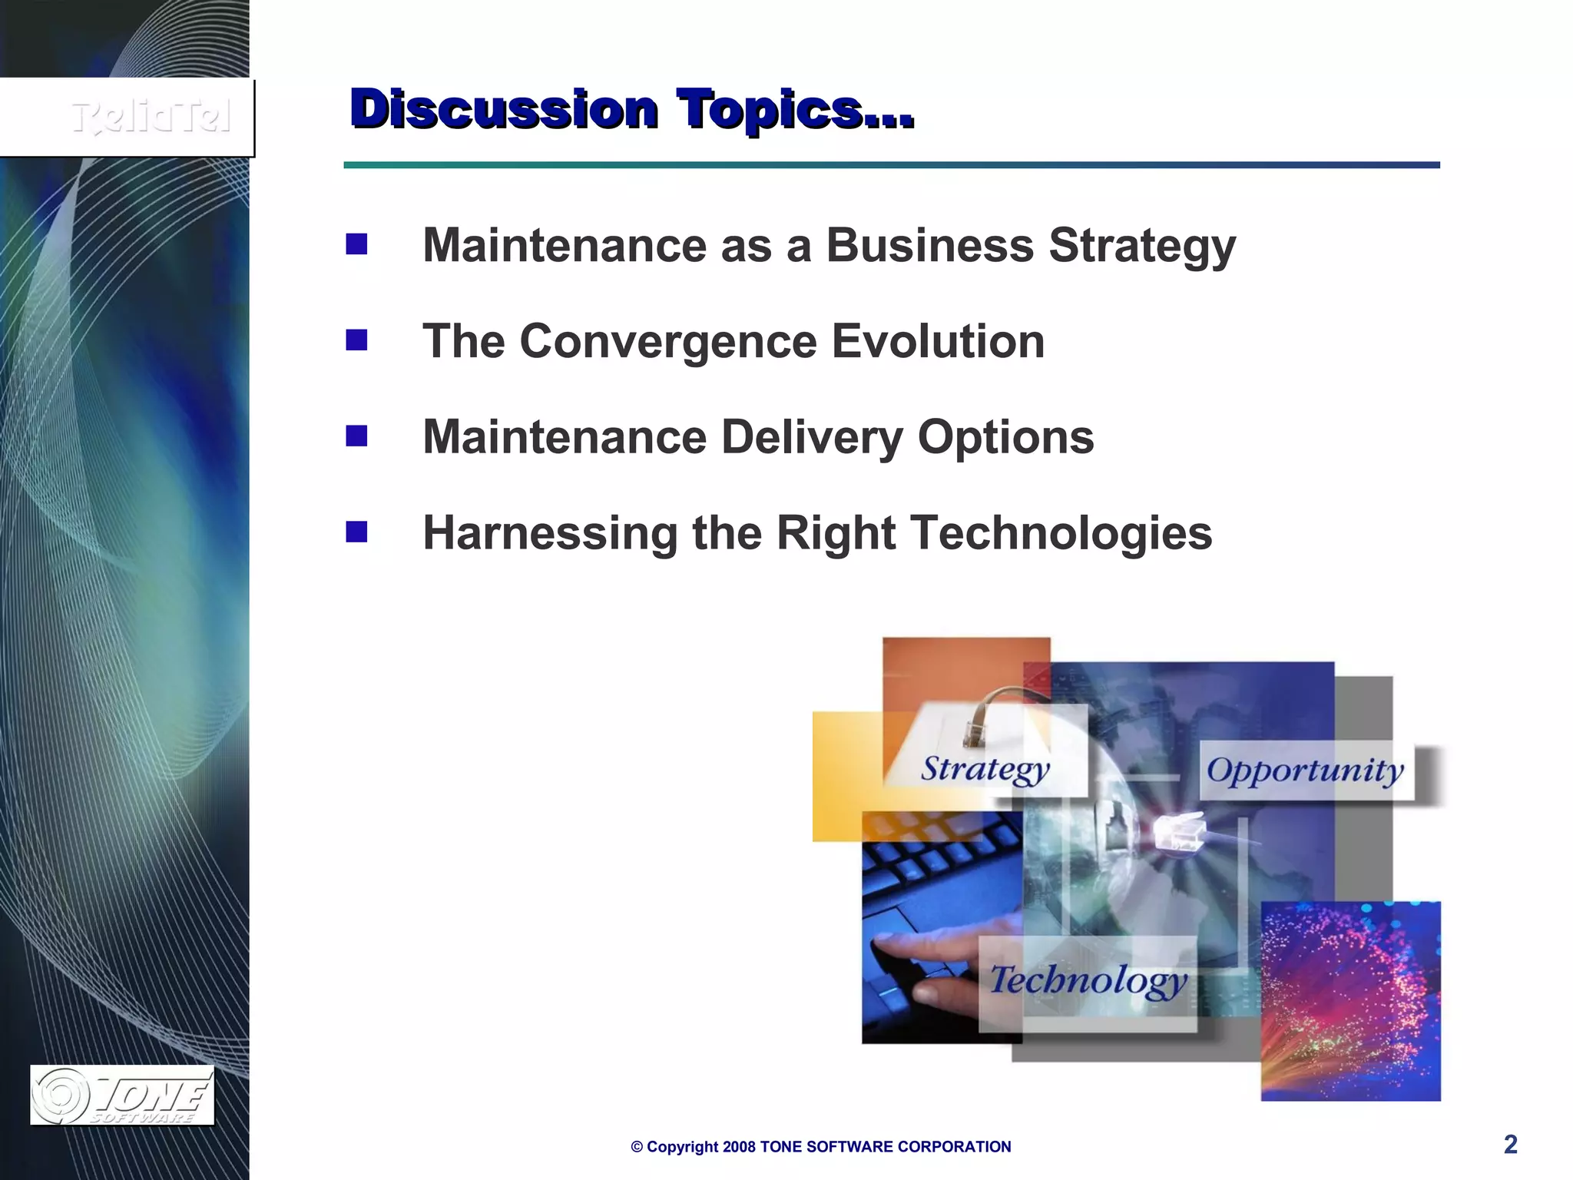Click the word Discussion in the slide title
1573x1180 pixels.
[x=504, y=109]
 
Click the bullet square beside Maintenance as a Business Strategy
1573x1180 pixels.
[x=356, y=244]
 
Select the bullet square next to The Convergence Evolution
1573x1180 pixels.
[x=356, y=340]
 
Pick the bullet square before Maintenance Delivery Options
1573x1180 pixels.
[x=356, y=436]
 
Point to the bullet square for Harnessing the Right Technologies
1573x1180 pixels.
[x=356, y=532]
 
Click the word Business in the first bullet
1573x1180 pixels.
[x=929, y=246]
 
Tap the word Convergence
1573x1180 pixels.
[x=668, y=341]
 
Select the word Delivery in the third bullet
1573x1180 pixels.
[x=812, y=438]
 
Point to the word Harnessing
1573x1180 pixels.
[x=550, y=533]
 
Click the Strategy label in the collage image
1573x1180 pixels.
[x=985, y=769]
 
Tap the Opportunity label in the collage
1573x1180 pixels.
[x=1305, y=771]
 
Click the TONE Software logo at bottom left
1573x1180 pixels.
[x=122, y=1095]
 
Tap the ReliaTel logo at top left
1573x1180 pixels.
[x=151, y=118]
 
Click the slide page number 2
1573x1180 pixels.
[x=1510, y=1145]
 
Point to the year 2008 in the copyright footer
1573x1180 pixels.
[x=739, y=1147]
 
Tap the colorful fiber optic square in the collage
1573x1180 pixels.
[x=1350, y=1001]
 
